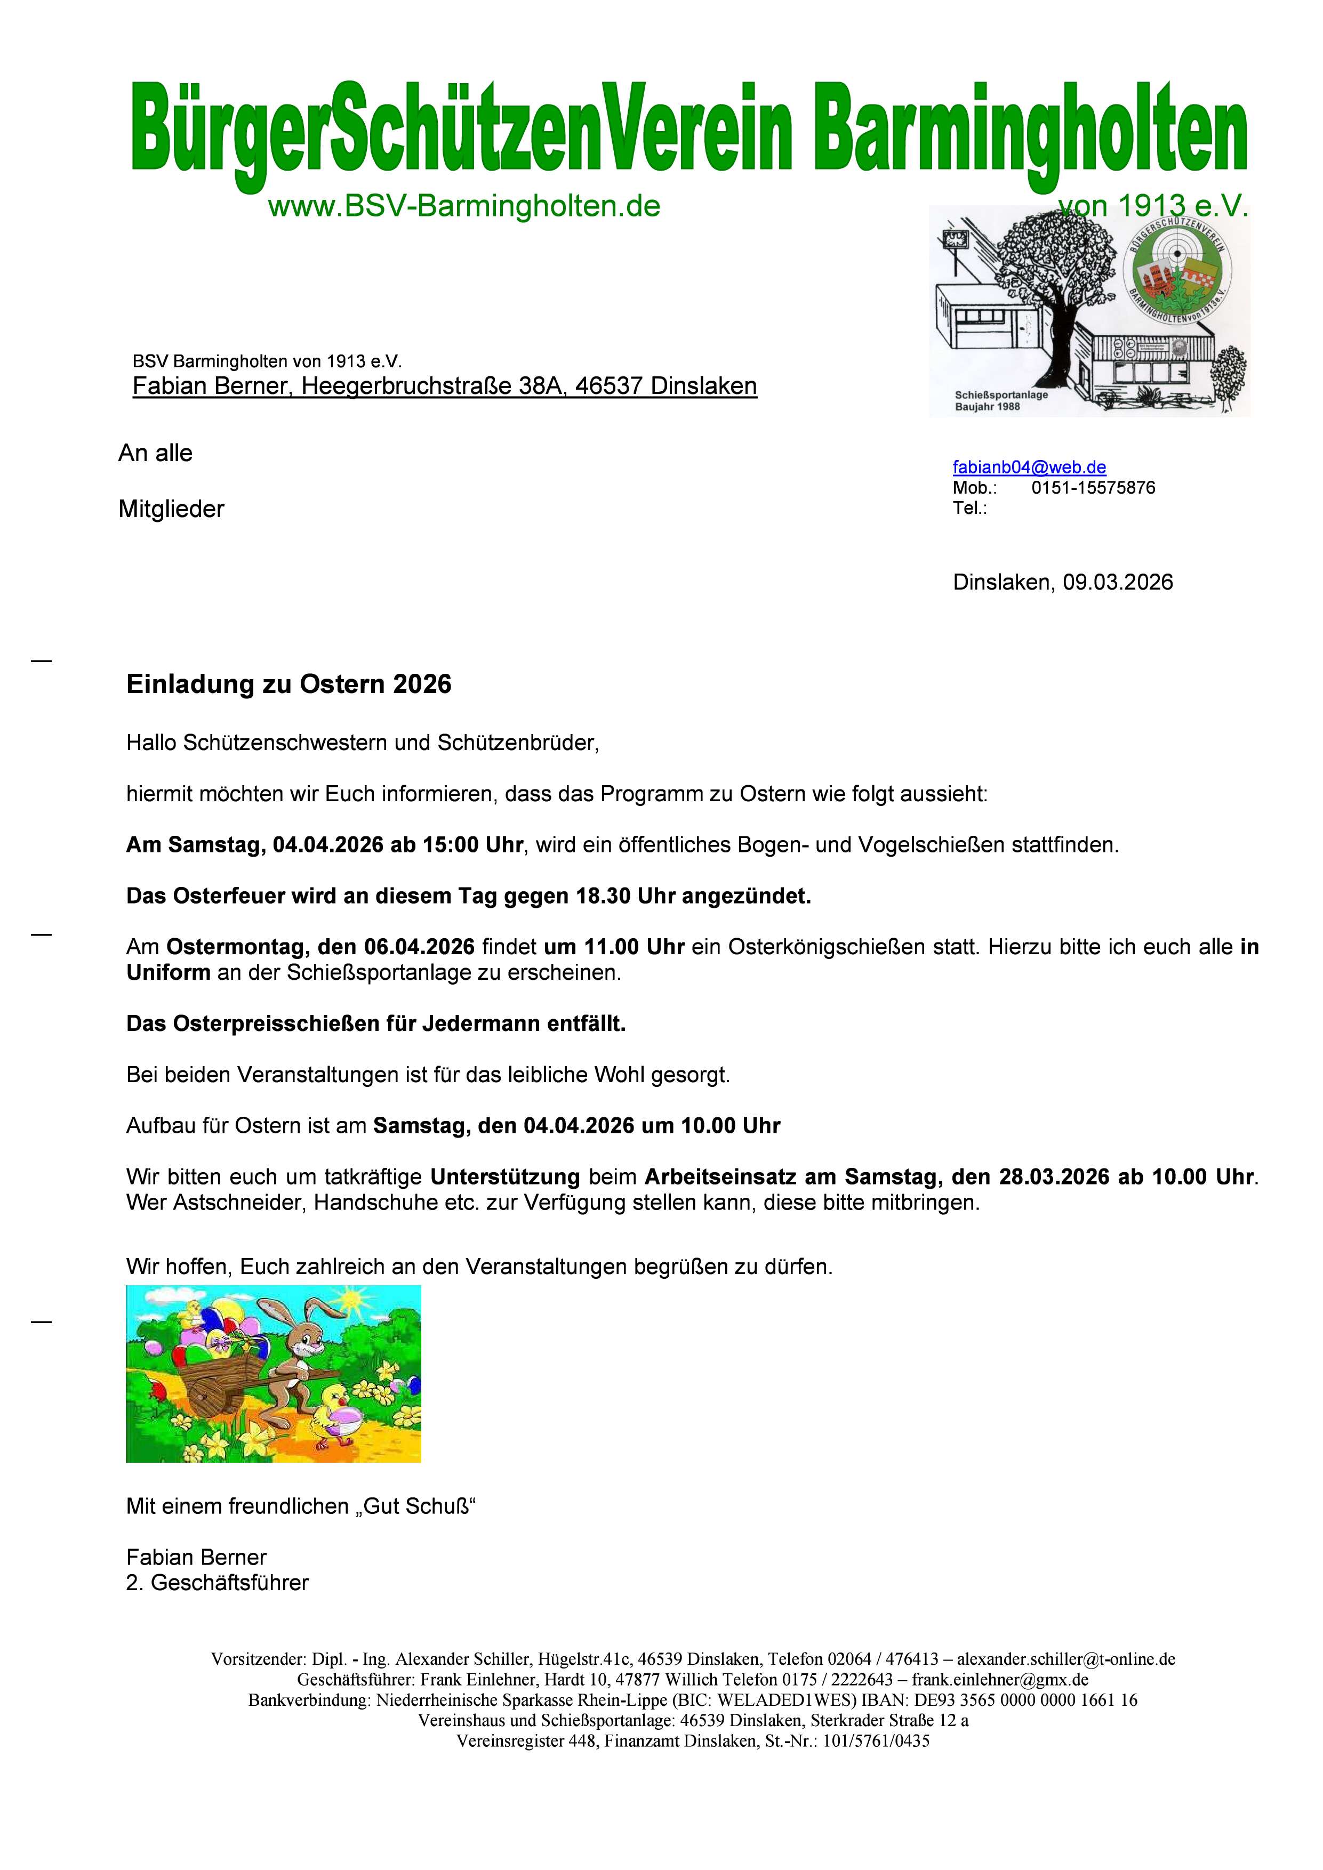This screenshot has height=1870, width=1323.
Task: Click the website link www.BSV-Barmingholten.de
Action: [x=463, y=207]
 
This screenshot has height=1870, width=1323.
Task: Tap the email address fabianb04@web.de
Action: [x=1029, y=467]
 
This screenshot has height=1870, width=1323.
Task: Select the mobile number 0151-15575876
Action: [x=1093, y=488]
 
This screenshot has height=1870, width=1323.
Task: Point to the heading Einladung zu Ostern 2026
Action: [x=288, y=684]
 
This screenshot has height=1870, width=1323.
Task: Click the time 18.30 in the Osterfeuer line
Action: [x=604, y=897]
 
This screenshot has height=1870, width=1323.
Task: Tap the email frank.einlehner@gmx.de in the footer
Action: [x=999, y=1679]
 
